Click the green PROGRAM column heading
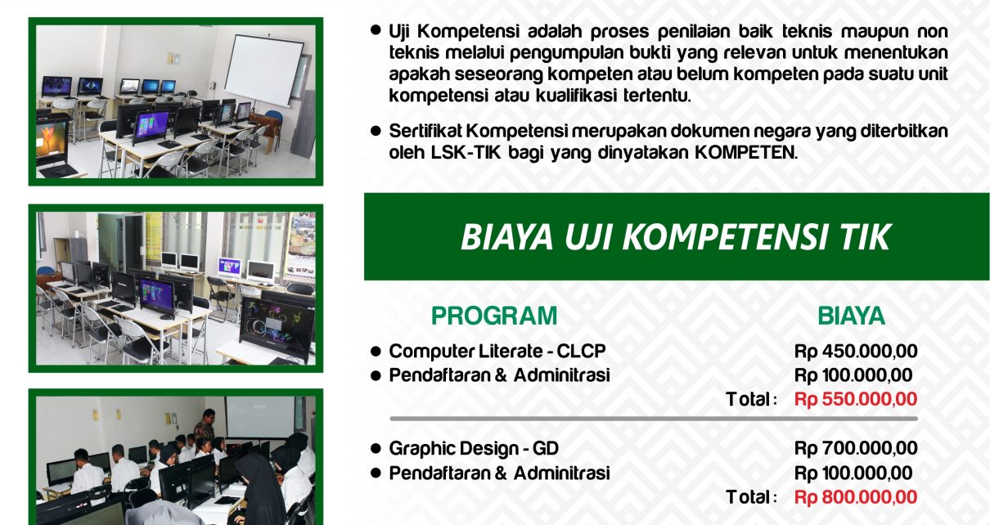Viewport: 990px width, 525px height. (494, 316)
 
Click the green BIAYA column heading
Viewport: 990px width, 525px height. (851, 316)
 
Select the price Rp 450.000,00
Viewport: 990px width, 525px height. (856, 352)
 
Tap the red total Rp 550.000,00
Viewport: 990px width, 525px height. (856, 399)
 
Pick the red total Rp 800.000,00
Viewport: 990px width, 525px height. (856, 497)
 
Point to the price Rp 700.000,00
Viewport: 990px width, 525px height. (856, 449)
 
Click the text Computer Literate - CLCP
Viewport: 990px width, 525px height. (497, 352)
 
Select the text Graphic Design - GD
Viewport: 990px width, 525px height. (474, 449)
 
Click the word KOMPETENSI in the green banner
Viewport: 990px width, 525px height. (725, 237)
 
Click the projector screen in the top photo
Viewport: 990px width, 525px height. (263, 70)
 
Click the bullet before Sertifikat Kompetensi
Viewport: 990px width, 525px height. (376, 131)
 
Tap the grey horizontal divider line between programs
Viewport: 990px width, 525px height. (654, 418)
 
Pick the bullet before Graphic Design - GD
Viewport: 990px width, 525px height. (376, 449)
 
